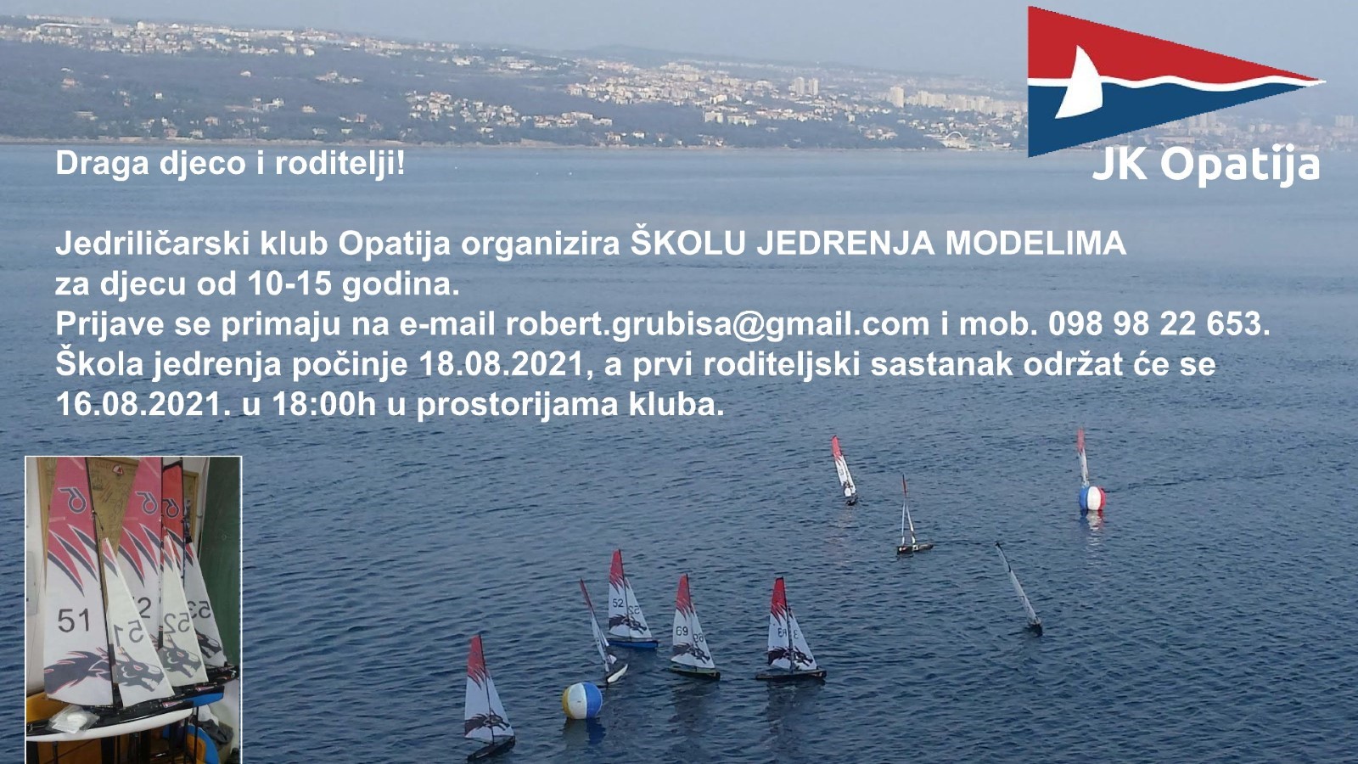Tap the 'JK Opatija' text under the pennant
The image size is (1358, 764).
coord(1206,165)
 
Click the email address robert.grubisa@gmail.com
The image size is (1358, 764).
coord(717,325)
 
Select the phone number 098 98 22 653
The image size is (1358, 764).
coord(1159,323)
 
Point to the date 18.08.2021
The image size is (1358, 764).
coord(501,364)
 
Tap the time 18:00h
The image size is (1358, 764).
coord(324,404)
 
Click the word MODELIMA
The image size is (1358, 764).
coord(1036,244)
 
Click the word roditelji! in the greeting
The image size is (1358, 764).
coord(339,165)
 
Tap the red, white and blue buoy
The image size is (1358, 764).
coord(1091,498)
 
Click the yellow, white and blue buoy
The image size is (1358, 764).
coord(582,701)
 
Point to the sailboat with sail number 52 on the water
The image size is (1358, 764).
coord(628,600)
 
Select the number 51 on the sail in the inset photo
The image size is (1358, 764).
coord(74,621)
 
